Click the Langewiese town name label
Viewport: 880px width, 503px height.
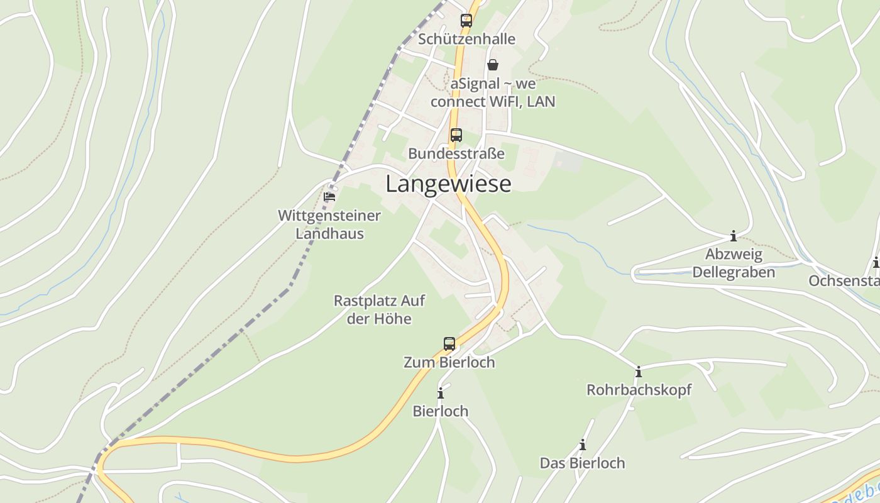pos(448,184)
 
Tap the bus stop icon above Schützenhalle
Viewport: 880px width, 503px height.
pos(466,20)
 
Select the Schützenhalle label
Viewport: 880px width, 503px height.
pos(466,39)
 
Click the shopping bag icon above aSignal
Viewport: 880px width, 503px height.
pos(493,65)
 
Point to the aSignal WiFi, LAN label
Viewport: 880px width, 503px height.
pos(493,92)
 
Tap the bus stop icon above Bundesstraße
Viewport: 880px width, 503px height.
pos(456,135)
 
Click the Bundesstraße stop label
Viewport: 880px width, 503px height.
pos(456,153)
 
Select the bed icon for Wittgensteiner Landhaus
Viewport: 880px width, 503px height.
pos(329,197)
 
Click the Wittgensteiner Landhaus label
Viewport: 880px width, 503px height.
pos(329,224)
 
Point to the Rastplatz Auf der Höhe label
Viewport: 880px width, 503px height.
pos(379,309)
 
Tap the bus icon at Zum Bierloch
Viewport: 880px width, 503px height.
pos(449,343)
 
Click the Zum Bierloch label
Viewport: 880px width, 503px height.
pos(449,363)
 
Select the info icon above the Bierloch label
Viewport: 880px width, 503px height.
pos(441,394)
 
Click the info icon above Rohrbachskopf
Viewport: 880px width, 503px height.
pos(639,372)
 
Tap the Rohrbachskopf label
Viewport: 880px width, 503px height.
pos(639,390)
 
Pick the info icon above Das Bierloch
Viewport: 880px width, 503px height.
pos(583,445)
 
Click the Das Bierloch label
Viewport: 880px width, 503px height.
pos(582,463)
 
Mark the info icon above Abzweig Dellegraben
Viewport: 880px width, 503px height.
pos(733,236)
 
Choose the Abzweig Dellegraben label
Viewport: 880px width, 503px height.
pos(733,263)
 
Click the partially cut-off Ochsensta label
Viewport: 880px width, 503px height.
pos(844,281)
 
